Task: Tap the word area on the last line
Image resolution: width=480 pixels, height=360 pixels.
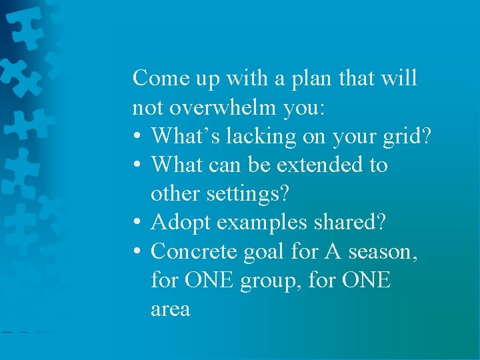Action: tap(170, 309)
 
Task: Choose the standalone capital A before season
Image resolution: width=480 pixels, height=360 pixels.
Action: tap(333, 251)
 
